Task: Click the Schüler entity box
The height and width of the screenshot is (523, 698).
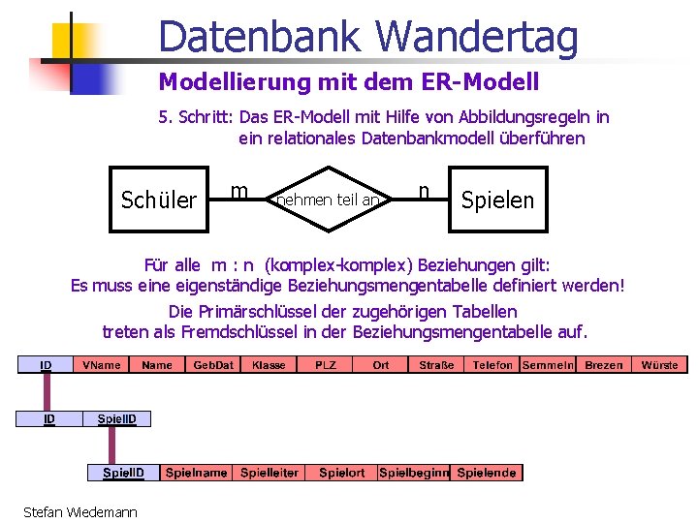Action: [159, 200]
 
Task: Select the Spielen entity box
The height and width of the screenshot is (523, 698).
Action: [497, 200]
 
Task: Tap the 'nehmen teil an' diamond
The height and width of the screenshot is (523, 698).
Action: [329, 200]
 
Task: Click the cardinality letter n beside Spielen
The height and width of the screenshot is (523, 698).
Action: [424, 190]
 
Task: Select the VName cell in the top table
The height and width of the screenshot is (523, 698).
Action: [101, 365]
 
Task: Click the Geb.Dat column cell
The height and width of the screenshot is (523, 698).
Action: [213, 365]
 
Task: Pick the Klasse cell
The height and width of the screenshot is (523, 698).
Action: [269, 365]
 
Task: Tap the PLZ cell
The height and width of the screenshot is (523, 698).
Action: [326, 365]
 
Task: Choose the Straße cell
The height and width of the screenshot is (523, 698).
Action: [436, 365]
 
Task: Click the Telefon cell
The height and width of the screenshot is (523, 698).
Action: [492, 365]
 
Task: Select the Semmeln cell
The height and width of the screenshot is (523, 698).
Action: [549, 365]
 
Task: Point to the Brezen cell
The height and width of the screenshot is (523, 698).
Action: [604, 365]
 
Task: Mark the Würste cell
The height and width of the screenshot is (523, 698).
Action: [660, 365]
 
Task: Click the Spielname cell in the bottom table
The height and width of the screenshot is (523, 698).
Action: [197, 473]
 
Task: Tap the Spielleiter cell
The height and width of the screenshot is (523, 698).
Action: [270, 473]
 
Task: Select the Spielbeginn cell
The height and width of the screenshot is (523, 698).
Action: [414, 473]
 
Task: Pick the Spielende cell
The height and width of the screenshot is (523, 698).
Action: [487, 473]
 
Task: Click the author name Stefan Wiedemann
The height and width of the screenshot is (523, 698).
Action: [80, 511]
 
